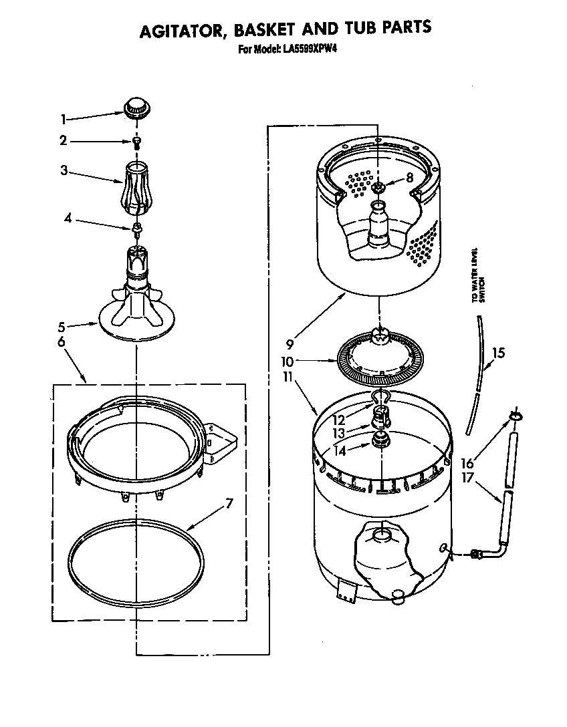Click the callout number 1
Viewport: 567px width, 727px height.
(x=64, y=120)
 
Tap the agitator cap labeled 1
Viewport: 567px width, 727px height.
(x=136, y=107)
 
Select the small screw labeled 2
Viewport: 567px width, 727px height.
(x=137, y=142)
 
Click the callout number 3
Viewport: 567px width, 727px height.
(x=64, y=171)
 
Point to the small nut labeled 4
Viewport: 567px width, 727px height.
(x=136, y=229)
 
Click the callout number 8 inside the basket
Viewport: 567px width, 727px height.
(x=391, y=178)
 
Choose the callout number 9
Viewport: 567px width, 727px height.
(x=289, y=345)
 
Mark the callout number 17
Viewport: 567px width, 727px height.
(x=468, y=478)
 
